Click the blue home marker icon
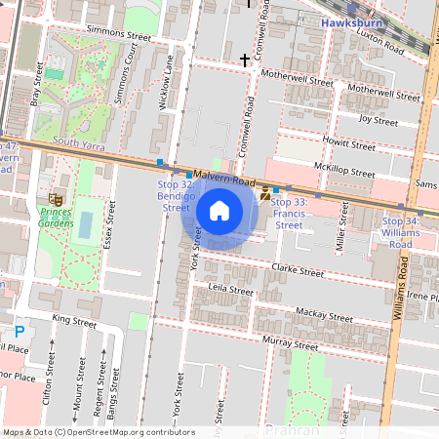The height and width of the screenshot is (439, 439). [219, 210]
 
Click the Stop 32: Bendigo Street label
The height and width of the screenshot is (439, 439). [175, 195]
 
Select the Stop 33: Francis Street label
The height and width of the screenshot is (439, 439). [290, 213]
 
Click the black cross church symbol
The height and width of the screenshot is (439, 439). [245, 60]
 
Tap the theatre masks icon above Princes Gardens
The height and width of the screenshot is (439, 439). [43, 199]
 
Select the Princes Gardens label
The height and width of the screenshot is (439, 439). [49, 218]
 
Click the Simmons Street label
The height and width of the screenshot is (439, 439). [119, 35]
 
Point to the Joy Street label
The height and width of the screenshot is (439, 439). [379, 121]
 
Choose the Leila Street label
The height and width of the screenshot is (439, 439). [232, 290]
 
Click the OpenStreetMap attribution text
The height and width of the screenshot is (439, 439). [99, 431]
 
